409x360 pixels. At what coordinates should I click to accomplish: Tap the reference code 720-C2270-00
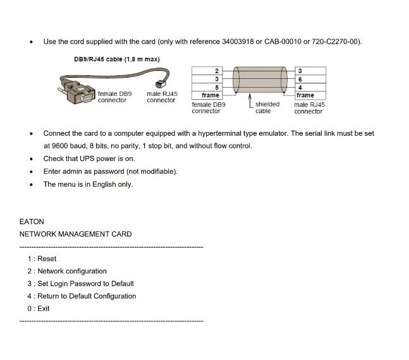pos(337,42)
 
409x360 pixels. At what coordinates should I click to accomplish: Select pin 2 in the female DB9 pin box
pos(216,70)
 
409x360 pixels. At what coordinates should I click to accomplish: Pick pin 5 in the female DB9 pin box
pos(216,87)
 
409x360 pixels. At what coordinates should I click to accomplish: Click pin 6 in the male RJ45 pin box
pos(299,79)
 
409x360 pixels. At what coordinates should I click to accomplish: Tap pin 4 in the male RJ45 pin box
pos(299,87)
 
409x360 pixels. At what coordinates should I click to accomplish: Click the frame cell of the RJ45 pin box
pos(305,95)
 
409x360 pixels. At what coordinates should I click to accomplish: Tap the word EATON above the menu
pos(32,222)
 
